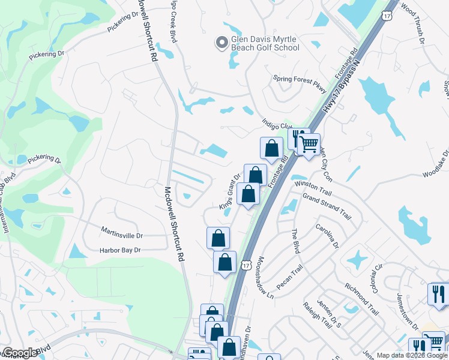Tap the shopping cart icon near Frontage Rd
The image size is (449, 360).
309,144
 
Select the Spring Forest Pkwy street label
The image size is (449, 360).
300,83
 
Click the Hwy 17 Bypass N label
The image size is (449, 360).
345,81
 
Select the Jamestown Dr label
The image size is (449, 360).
407,310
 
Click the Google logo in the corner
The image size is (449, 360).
20,353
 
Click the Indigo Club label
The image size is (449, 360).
277,125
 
